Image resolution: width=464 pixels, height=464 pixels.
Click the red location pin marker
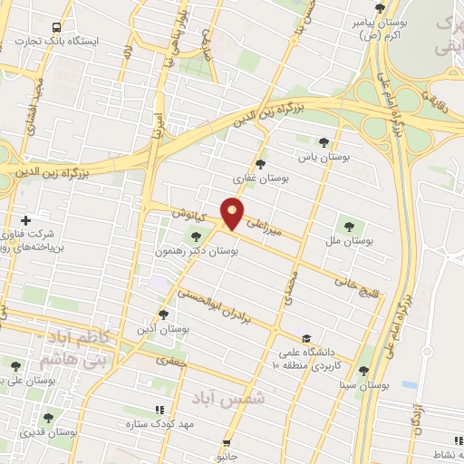(233, 213)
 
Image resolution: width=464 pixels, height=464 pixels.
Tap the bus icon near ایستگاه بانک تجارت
(58, 27)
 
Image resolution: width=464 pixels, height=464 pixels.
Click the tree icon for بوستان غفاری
(261, 164)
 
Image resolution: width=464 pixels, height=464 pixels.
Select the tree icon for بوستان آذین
(163, 315)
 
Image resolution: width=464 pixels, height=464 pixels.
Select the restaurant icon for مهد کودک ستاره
(159, 410)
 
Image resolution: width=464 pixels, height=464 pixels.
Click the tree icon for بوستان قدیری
(47, 418)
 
